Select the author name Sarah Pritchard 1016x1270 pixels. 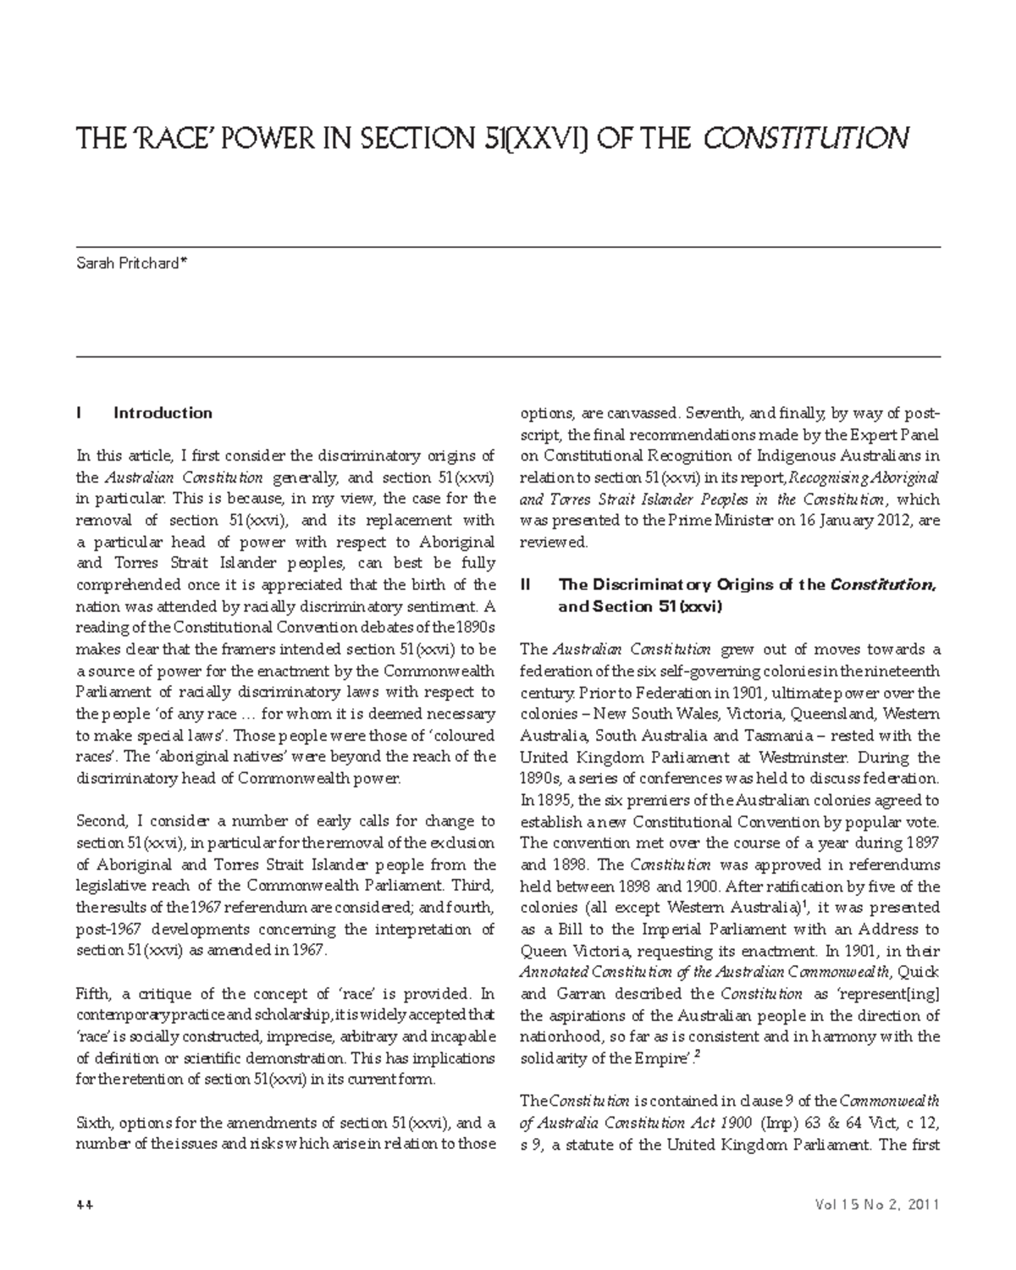tap(127, 263)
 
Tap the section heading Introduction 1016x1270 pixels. tap(163, 413)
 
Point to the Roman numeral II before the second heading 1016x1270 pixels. tap(527, 584)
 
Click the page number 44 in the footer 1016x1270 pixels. tap(85, 1205)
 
